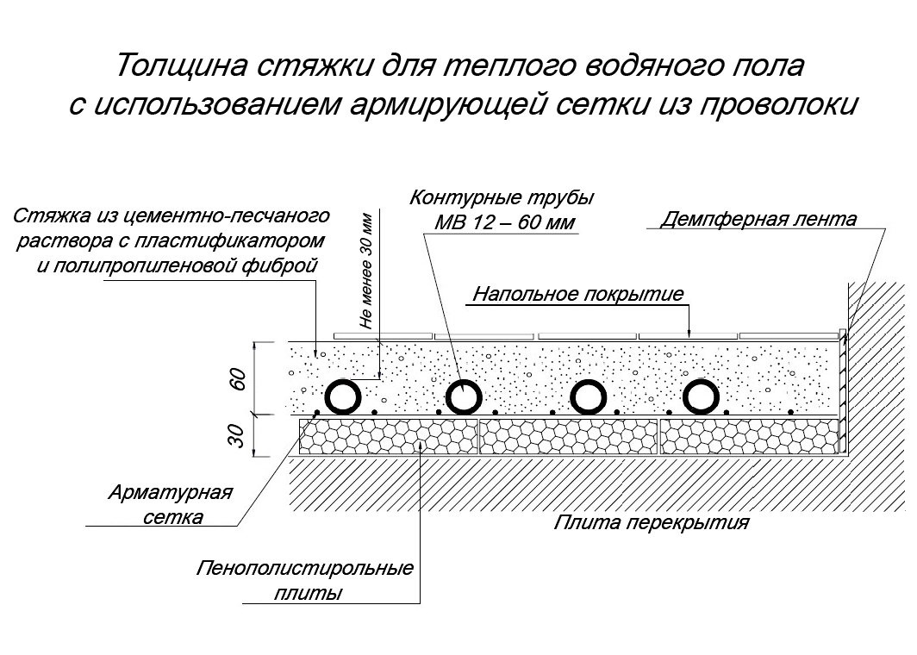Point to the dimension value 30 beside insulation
(238, 436)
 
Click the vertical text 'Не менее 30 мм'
(366, 271)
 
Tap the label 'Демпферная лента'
(758, 219)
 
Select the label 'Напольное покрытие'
(577, 293)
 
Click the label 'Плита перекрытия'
(651, 521)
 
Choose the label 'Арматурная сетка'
(171, 504)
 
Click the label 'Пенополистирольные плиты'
(305, 580)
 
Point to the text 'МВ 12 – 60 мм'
(505, 223)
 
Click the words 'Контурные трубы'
(502, 197)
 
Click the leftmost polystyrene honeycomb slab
(389, 436)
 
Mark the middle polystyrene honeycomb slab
(569, 436)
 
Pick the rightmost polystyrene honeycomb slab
(749, 436)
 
